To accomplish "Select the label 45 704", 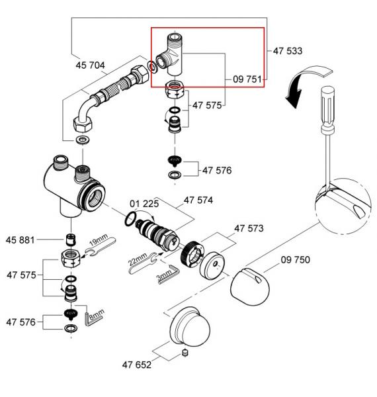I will pos(91,66).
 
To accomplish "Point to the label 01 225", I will pos(144,204).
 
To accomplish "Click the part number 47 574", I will pos(198,200).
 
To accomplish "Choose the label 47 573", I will pos(249,228).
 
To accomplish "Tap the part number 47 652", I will pos(137,365).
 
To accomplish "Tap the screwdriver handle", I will pos(328,106).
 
